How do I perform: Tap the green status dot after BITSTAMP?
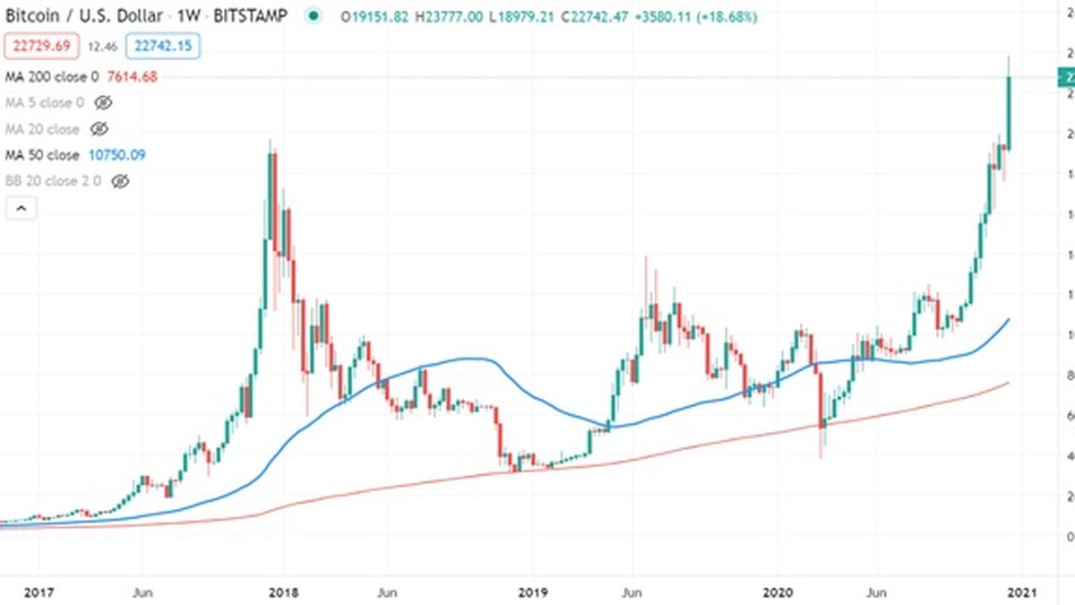click(312, 15)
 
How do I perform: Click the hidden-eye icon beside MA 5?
click(103, 103)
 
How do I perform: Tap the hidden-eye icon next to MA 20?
click(99, 129)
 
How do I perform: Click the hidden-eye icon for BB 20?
click(120, 181)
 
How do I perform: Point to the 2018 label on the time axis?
click(283, 592)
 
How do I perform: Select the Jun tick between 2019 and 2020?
click(632, 592)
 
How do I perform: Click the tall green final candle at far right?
click(1009, 112)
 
